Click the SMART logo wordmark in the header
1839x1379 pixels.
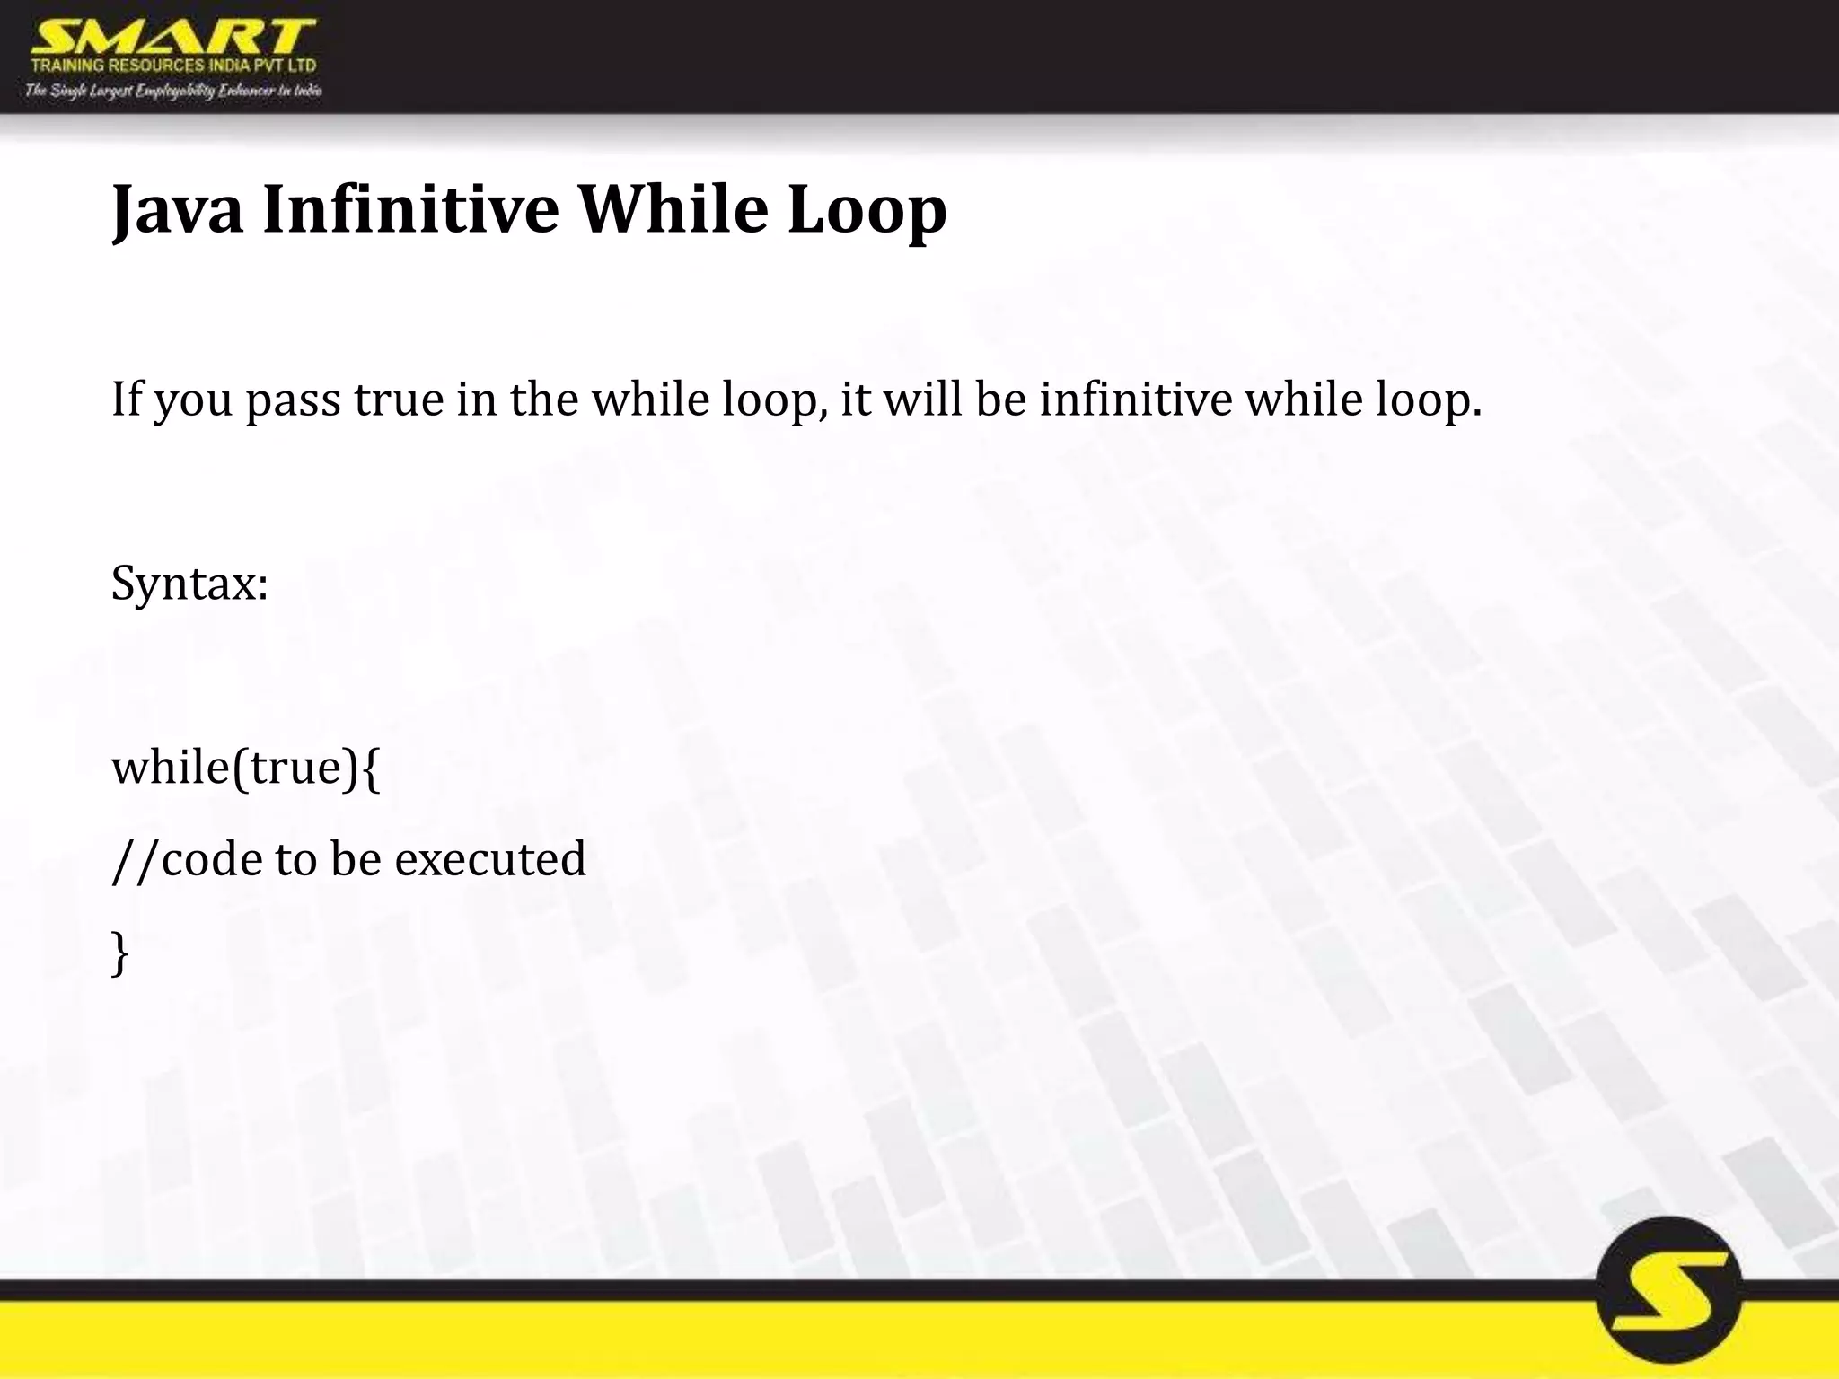[x=172, y=38]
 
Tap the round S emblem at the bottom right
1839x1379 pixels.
[x=1668, y=1291]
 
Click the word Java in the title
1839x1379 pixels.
[x=177, y=210]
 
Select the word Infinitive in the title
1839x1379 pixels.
[x=410, y=210]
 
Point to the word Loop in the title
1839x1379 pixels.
[x=867, y=210]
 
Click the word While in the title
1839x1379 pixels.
[x=673, y=210]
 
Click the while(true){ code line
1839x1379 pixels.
[x=245, y=768]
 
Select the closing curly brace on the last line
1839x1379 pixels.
[x=119, y=953]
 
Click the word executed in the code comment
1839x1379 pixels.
[x=490, y=858]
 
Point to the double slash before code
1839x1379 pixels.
[x=136, y=858]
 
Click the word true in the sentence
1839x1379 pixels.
[x=399, y=399]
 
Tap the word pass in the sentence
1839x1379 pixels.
[x=293, y=400]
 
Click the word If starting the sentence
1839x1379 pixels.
[x=127, y=399]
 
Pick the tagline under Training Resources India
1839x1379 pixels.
[x=173, y=91]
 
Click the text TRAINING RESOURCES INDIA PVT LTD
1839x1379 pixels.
[x=173, y=66]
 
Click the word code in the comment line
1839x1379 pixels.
[x=212, y=858]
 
